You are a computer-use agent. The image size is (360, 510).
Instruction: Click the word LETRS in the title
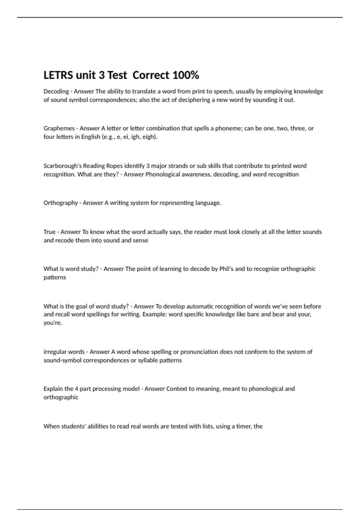pyautogui.click(x=58, y=75)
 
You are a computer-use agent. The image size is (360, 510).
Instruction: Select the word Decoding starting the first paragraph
pyautogui.click(x=56, y=91)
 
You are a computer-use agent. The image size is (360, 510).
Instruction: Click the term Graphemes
pyautogui.click(x=59, y=128)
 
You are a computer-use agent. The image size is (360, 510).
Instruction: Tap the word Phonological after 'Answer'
pyautogui.click(x=162, y=174)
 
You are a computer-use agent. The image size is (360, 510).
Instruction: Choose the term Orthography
pyautogui.click(x=61, y=203)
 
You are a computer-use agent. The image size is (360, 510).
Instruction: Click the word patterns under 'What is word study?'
pyautogui.click(x=55, y=277)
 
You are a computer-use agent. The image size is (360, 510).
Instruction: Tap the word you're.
pyautogui.click(x=52, y=323)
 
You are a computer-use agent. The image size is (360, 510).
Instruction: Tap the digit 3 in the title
pyautogui.click(x=102, y=75)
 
